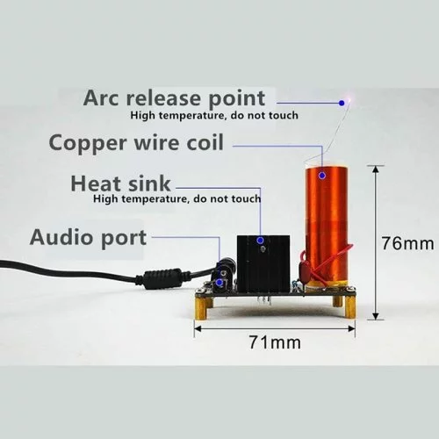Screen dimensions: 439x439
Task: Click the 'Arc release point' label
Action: tap(175, 98)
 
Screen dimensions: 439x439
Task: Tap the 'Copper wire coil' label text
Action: tap(136, 143)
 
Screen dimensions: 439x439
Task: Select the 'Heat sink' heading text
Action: tap(120, 184)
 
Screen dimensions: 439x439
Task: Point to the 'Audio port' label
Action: tap(88, 237)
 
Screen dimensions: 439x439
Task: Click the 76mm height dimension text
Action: tap(407, 243)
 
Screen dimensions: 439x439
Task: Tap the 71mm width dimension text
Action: tap(275, 342)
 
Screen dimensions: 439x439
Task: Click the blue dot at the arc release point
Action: tap(342, 103)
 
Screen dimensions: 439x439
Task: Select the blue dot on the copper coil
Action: tap(322, 176)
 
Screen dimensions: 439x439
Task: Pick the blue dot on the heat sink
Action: tap(260, 241)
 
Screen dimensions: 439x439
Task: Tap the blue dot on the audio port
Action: tap(219, 283)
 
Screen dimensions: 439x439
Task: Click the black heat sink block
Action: tap(263, 263)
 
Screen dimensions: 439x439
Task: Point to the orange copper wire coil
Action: tap(327, 226)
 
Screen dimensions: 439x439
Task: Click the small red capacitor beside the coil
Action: tap(303, 270)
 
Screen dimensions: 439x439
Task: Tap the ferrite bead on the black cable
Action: tap(162, 278)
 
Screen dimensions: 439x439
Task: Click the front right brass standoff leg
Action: tap(349, 306)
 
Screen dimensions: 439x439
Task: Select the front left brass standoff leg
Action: tap(201, 308)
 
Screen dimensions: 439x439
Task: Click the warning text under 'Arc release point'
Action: tap(214, 115)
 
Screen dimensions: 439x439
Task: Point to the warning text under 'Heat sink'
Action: tap(177, 199)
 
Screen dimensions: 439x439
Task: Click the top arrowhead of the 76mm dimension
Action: tap(376, 169)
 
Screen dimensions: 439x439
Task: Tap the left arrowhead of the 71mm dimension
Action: tap(198, 328)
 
